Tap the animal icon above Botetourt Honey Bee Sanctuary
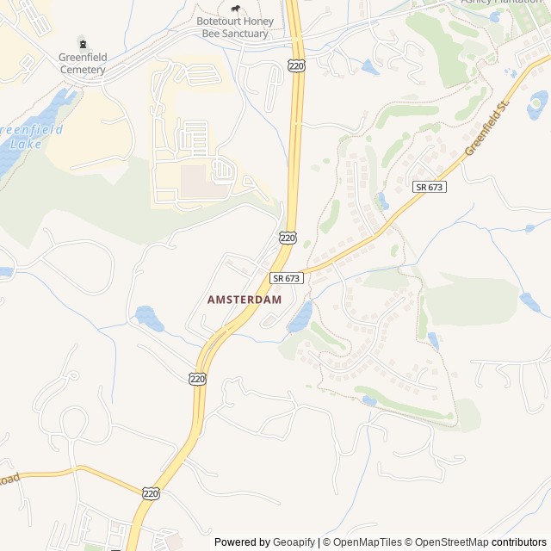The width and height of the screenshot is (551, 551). pyautogui.click(x=234, y=9)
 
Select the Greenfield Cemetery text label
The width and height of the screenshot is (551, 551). pyautogui.click(x=83, y=63)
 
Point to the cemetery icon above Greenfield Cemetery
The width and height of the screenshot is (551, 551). pyautogui.click(x=83, y=41)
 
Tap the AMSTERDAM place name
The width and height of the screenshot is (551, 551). pyautogui.click(x=245, y=300)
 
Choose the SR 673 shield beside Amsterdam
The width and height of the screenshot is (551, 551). pyautogui.click(x=287, y=278)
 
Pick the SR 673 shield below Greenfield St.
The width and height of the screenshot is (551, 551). pyautogui.click(x=429, y=187)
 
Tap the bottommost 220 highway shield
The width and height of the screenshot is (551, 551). pyautogui.click(x=152, y=493)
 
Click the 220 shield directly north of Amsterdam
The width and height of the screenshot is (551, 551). pyautogui.click(x=288, y=237)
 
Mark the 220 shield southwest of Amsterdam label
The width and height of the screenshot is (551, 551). pyautogui.click(x=197, y=378)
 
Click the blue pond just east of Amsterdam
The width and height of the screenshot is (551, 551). pyautogui.click(x=300, y=318)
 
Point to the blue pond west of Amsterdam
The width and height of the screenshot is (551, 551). pyautogui.click(x=148, y=318)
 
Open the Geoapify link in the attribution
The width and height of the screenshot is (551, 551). pyautogui.click(x=294, y=542)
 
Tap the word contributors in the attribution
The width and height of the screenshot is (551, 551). pyautogui.click(x=519, y=542)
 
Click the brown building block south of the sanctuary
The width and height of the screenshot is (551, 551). pyautogui.click(x=196, y=181)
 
